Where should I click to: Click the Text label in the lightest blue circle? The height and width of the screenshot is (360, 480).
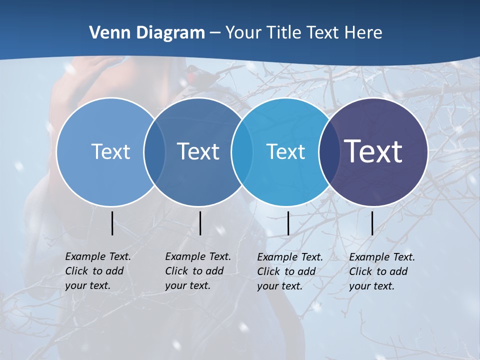(x=110, y=151)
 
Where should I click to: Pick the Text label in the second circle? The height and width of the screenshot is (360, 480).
(x=198, y=151)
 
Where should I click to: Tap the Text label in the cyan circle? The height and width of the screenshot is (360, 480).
(x=285, y=151)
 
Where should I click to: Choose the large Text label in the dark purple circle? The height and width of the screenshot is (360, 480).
(x=373, y=151)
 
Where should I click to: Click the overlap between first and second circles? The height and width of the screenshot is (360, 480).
(x=154, y=152)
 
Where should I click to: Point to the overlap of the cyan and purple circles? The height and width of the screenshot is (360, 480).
(x=328, y=152)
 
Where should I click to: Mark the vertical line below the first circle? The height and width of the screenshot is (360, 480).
(x=112, y=223)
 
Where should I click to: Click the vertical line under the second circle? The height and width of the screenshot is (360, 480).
(x=200, y=223)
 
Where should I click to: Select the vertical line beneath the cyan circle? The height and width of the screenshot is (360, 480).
(x=288, y=223)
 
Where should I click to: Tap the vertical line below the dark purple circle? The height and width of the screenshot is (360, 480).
(x=372, y=223)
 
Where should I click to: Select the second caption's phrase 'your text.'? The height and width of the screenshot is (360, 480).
(x=187, y=286)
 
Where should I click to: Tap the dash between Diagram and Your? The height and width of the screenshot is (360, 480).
(x=214, y=33)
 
